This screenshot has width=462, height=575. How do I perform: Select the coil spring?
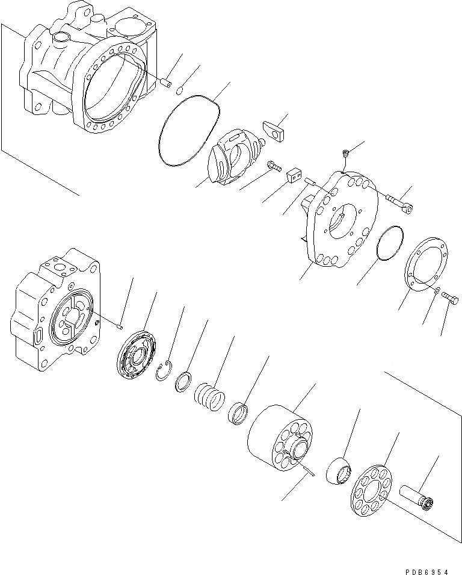[x=209, y=397]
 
